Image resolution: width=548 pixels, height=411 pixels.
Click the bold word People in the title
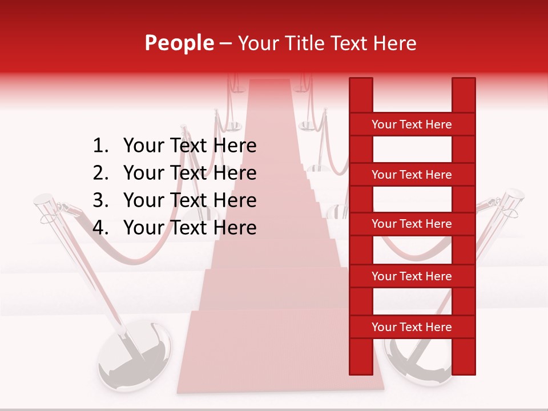pyautogui.click(x=179, y=43)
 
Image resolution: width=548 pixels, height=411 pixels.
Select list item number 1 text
pyautogui.click(x=190, y=146)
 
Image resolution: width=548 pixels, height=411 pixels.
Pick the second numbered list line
pyautogui.click(x=190, y=173)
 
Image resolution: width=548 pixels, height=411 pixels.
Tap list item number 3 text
pyautogui.click(x=190, y=200)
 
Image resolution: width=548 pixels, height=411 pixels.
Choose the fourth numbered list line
pyautogui.click(x=190, y=228)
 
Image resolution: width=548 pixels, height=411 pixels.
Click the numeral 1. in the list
pyautogui.click(x=100, y=146)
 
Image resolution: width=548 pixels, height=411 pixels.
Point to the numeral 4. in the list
pyautogui.click(x=100, y=228)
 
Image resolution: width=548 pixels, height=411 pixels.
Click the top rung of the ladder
pyautogui.click(x=412, y=124)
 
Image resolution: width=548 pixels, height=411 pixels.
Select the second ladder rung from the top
pyautogui.click(x=412, y=175)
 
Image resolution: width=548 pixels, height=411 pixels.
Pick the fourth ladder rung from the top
pyautogui.click(x=412, y=276)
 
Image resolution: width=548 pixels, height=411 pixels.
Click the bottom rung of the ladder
pyautogui.click(x=412, y=327)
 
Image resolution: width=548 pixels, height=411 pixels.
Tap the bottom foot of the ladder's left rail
pyautogui.click(x=361, y=368)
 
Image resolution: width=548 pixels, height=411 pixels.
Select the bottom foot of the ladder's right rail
pyautogui.click(x=464, y=368)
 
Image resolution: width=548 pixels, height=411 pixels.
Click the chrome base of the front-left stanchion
pyautogui.click(x=129, y=357)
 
